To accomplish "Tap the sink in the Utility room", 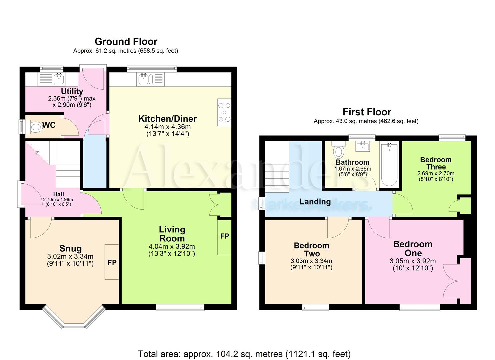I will pos(59,79).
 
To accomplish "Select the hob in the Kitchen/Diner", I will pos(224,112).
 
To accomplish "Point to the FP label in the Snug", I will pos(112,262).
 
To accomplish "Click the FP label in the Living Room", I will pos(225,236).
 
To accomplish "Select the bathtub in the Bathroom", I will pos(389,165).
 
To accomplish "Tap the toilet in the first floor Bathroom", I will pos(339,151).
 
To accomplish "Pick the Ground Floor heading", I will pos(126,42).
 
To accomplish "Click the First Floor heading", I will pos(367,112).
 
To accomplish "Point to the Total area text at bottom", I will pos(244,354).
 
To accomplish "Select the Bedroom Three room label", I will pos(436,163).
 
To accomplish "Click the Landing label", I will pos(315,202).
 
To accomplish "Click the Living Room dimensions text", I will pos(172,250).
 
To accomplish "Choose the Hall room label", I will pos(58,194).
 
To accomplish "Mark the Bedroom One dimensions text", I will pos(413,265).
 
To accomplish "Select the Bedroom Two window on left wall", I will pos(262,258).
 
